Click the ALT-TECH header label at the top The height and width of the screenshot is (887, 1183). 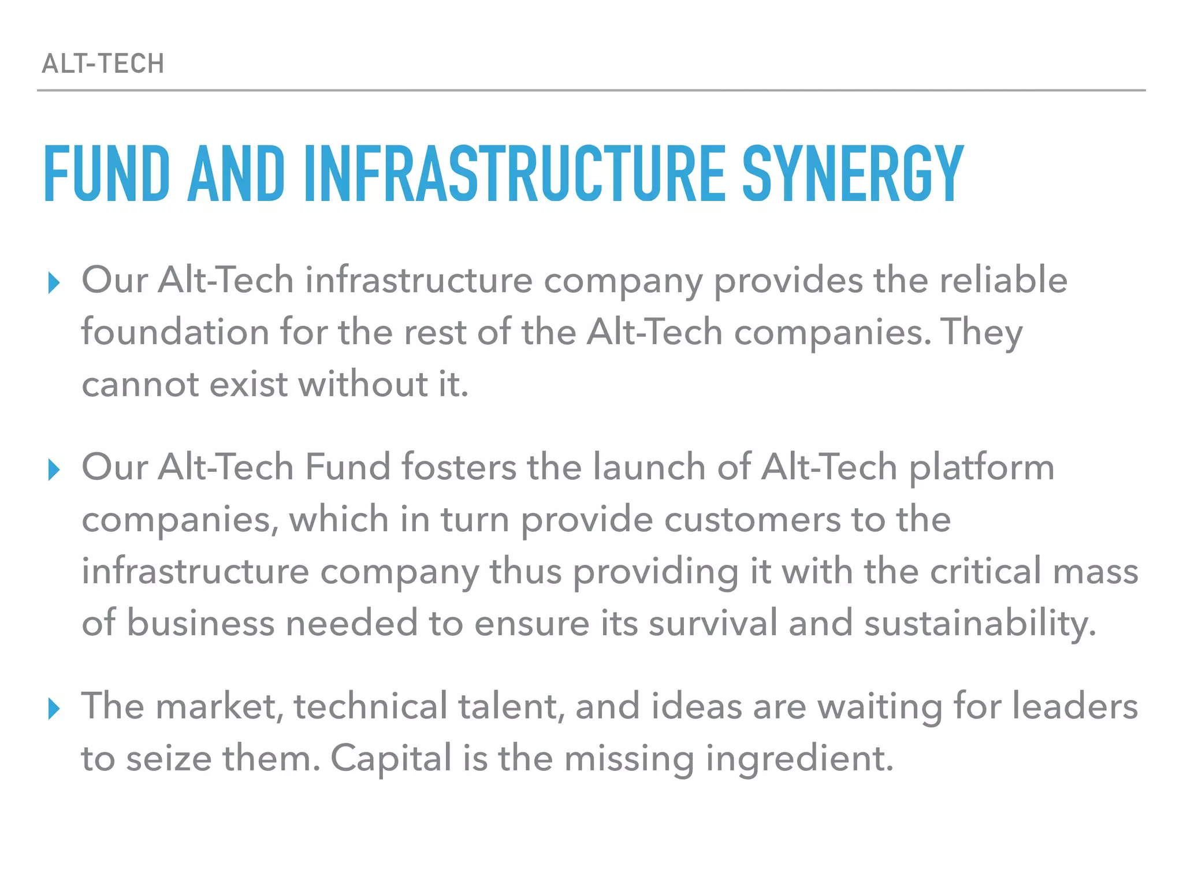[x=103, y=64]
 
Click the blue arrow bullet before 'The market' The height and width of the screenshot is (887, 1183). [x=54, y=708]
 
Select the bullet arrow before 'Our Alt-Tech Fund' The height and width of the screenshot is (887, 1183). [x=54, y=469]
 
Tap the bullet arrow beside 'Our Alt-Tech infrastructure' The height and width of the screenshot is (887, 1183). [x=54, y=282]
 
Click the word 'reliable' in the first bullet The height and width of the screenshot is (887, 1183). [x=1003, y=280]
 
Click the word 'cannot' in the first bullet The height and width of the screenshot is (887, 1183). [x=139, y=385]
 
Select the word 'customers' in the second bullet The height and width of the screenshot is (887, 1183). [x=752, y=519]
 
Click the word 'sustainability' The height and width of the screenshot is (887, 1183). [x=980, y=624]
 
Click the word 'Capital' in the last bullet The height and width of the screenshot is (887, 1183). [x=390, y=758]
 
